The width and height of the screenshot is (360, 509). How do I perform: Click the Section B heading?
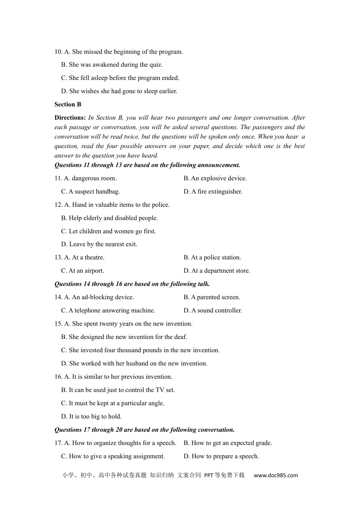(x=68, y=105)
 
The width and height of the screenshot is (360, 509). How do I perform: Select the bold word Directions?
(x=70, y=118)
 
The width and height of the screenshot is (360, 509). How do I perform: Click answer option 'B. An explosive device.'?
(x=215, y=178)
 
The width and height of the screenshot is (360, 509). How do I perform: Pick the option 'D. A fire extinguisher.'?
(x=213, y=192)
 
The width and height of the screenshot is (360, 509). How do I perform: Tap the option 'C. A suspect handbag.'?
(x=90, y=192)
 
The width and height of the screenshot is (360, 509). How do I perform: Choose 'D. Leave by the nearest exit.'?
(x=99, y=244)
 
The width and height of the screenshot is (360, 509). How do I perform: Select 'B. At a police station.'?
(x=212, y=258)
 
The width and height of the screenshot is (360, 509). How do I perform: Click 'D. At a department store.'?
(x=217, y=271)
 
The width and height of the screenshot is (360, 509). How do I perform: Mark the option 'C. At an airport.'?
(x=82, y=271)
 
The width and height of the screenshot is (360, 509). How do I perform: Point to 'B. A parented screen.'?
(x=212, y=297)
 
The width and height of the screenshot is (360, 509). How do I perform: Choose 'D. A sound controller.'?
(x=213, y=311)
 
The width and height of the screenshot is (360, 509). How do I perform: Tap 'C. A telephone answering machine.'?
(x=108, y=311)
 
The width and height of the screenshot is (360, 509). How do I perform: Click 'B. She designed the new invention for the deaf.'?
(x=124, y=337)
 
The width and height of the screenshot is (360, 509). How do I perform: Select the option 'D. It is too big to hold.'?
(x=91, y=417)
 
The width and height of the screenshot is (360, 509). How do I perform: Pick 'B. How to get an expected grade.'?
(x=228, y=443)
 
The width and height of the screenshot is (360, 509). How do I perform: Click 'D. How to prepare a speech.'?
(x=221, y=456)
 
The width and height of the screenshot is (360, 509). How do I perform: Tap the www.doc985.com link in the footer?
(x=275, y=475)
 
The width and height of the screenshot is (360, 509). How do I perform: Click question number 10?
(x=58, y=52)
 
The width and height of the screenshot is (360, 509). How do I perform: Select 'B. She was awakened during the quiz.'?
(x=112, y=65)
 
